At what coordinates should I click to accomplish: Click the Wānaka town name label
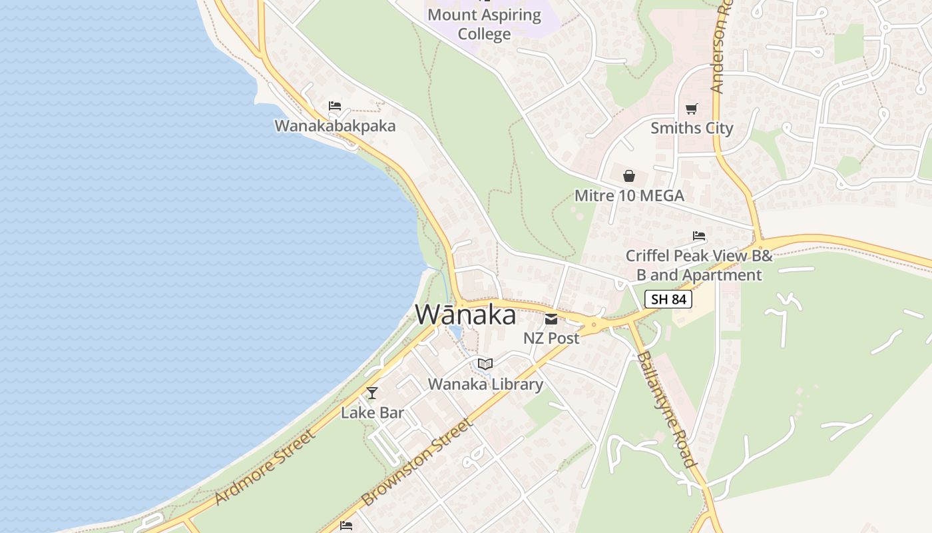465,314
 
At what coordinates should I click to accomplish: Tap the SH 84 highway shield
668,299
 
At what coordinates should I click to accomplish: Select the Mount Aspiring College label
484,24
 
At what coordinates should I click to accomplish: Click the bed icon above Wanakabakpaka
335,106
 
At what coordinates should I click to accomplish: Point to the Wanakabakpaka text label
335,126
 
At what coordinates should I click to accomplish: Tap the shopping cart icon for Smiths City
692,109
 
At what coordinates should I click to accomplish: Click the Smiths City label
692,128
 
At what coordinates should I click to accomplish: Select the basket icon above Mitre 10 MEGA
629,176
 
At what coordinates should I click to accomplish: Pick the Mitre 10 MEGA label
629,196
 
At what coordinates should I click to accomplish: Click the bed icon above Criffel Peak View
699,236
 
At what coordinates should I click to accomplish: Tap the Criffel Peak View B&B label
699,265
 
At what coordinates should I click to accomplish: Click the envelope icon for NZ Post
551,318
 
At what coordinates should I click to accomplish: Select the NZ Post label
551,338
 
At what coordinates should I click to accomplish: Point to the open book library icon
485,364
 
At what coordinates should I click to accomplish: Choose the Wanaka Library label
485,384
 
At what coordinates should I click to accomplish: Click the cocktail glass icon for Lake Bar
372,393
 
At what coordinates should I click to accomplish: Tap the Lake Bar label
372,412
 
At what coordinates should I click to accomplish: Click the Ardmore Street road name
265,468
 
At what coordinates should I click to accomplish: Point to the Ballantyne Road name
666,408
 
